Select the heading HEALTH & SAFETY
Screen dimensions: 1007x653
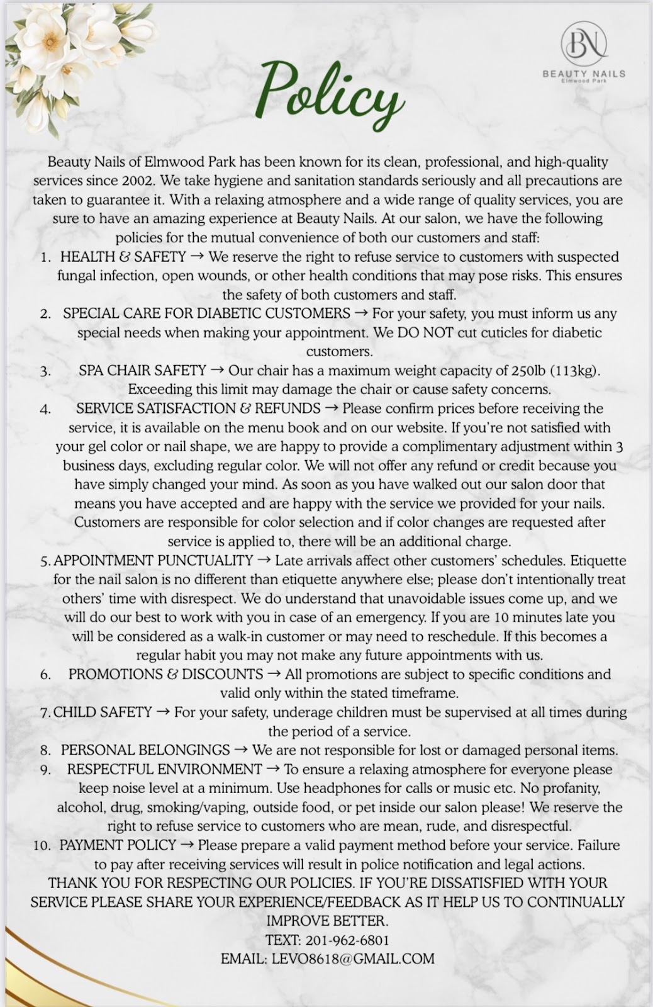(x=123, y=257)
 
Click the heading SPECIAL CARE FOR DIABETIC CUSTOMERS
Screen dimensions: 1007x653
(x=206, y=313)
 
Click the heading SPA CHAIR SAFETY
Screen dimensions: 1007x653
(x=142, y=371)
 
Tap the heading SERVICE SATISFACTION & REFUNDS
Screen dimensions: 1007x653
(x=198, y=408)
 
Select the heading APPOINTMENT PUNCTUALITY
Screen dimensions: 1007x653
(x=153, y=560)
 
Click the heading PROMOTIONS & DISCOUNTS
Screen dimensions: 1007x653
(x=165, y=674)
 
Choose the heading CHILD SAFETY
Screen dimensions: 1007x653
(x=103, y=712)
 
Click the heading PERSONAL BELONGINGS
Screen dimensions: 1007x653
(x=145, y=750)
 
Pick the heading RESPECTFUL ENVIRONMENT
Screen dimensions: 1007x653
(x=164, y=769)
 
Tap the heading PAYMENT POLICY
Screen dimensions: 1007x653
(x=118, y=845)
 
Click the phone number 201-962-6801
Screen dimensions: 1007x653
(x=347, y=940)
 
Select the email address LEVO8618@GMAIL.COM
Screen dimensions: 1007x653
(x=353, y=959)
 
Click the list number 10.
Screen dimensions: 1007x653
(x=42, y=846)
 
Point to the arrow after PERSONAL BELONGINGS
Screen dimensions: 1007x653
(x=241, y=750)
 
